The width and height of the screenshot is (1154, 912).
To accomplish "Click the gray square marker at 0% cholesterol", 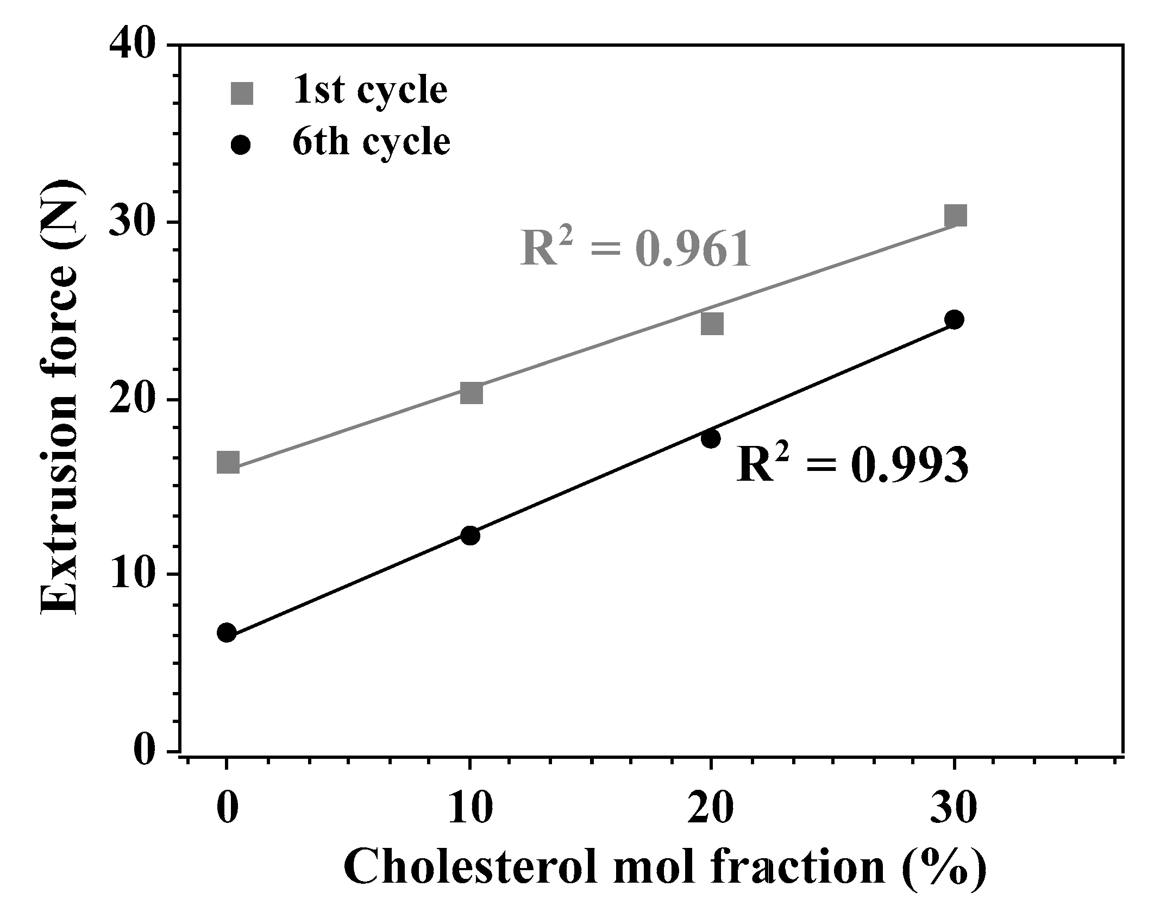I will coord(228,462).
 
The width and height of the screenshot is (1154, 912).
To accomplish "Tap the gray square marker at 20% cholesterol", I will coord(712,324).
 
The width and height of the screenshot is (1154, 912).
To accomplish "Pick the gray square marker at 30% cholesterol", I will coord(955,216).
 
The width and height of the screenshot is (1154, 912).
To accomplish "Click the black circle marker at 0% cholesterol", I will coord(227,632).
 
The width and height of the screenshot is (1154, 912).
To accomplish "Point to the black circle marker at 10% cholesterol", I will coord(469,535).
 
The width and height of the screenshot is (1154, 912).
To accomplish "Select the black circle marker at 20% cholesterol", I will coord(710,438).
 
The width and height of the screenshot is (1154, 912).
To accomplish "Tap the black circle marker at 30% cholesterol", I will coord(954,319).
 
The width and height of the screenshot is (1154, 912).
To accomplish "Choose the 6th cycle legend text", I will coord(371,142).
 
